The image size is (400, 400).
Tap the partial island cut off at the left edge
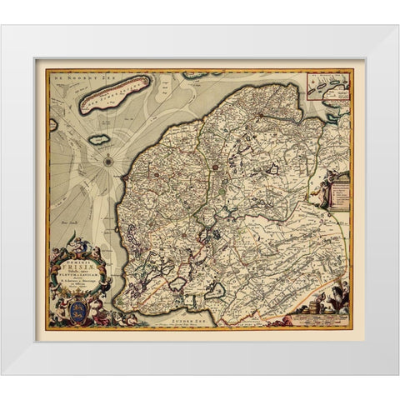pyautogui.click(x=53, y=125)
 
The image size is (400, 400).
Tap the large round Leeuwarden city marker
pyautogui.click(x=216, y=166)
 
